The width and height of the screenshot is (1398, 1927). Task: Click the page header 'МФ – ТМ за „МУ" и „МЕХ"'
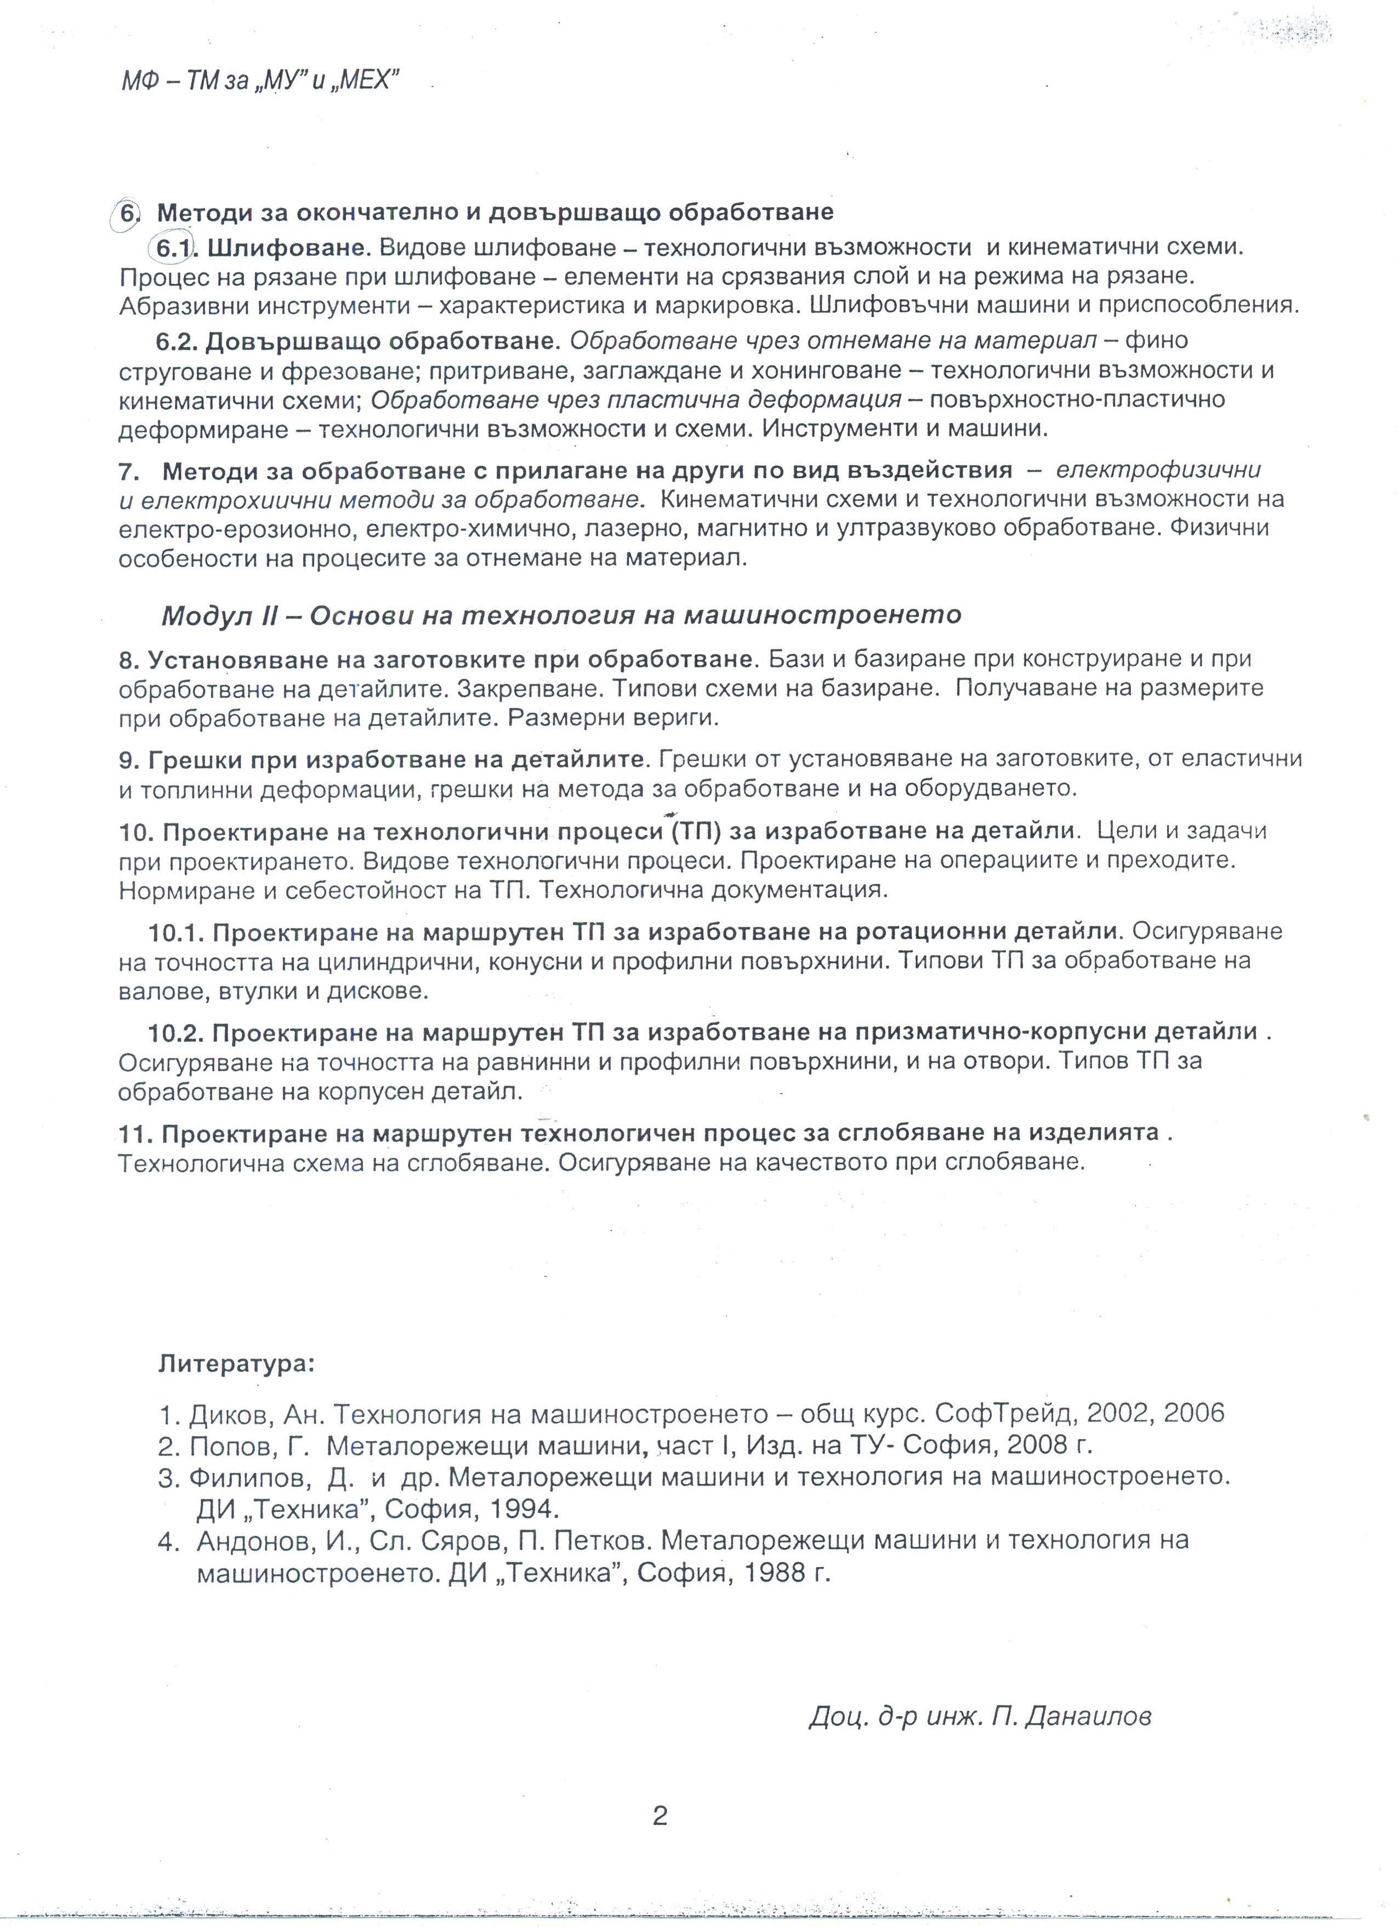point(260,82)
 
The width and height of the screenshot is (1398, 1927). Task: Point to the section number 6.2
point(176,341)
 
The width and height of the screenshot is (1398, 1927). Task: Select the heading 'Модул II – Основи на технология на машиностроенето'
point(560,614)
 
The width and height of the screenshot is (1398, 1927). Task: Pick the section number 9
point(128,759)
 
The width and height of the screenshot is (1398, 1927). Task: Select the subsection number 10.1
point(177,932)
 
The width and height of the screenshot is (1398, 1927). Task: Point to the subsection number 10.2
point(177,1032)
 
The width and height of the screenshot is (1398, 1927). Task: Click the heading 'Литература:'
point(236,1365)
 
